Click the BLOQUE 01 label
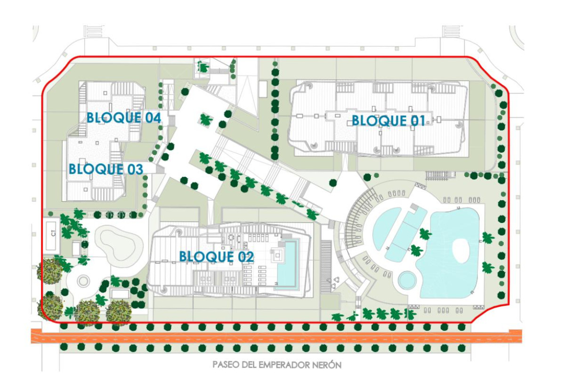388,121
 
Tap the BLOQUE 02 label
216,257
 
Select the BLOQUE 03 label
105,169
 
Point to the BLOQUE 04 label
123,117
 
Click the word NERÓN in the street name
325,365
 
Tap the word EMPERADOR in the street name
281,365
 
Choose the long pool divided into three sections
406,234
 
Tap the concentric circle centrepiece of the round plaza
83,281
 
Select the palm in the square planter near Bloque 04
206,119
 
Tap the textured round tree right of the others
118,311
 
